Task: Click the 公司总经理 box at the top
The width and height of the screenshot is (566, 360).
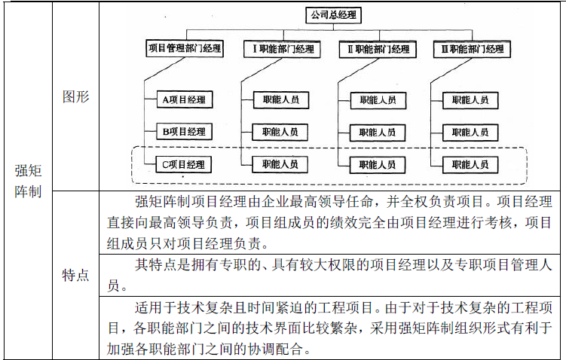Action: tap(332, 14)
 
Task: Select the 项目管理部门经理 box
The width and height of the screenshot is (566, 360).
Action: tap(184, 50)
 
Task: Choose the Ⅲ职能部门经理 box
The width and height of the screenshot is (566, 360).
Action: tap(470, 50)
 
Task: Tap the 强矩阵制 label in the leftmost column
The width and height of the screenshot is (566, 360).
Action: tap(27, 181)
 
